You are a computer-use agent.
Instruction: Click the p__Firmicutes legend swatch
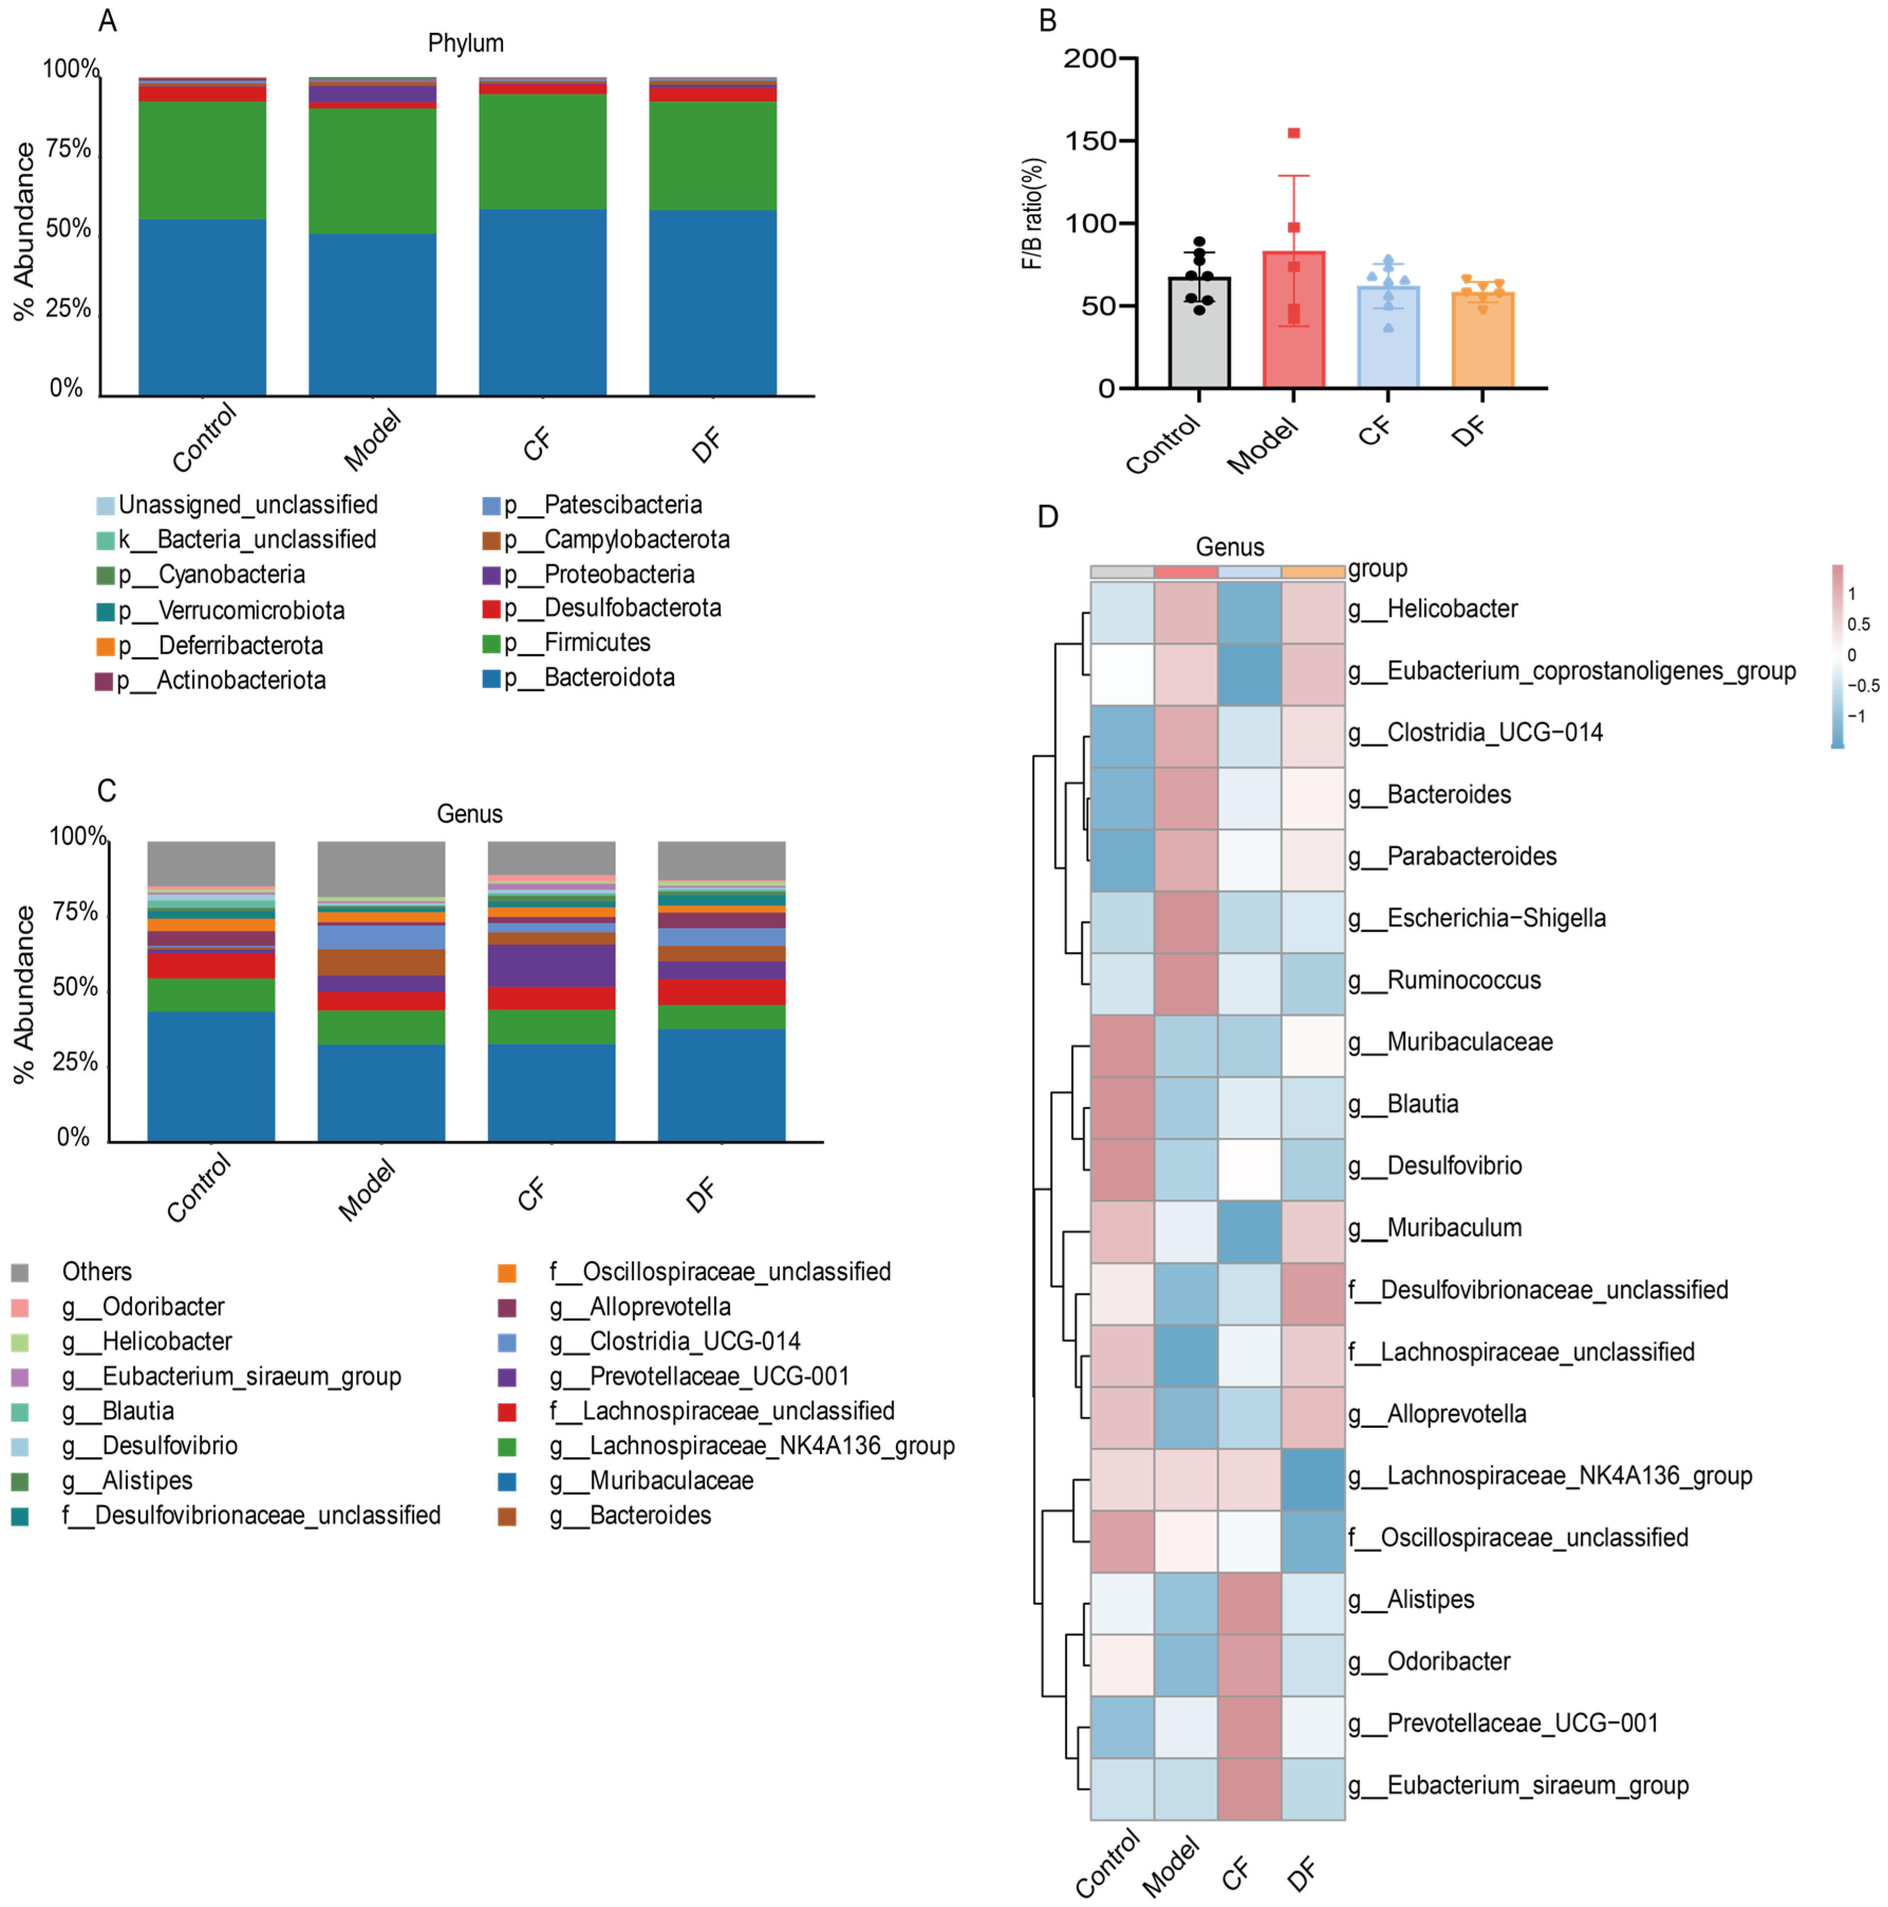[491, 644]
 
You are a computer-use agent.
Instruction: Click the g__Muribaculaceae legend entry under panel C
[670, 1481]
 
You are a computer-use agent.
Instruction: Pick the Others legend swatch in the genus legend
[20, 1272]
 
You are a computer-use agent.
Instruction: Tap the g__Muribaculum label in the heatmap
[1454, 1228]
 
